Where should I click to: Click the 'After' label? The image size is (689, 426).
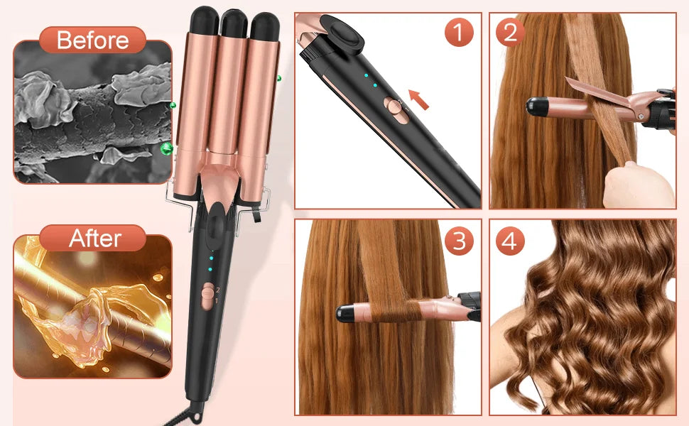95,238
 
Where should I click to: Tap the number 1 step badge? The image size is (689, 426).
459,33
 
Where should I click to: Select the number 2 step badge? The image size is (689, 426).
510,33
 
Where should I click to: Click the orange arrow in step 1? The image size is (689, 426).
420,99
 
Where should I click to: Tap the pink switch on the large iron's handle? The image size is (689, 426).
207,295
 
